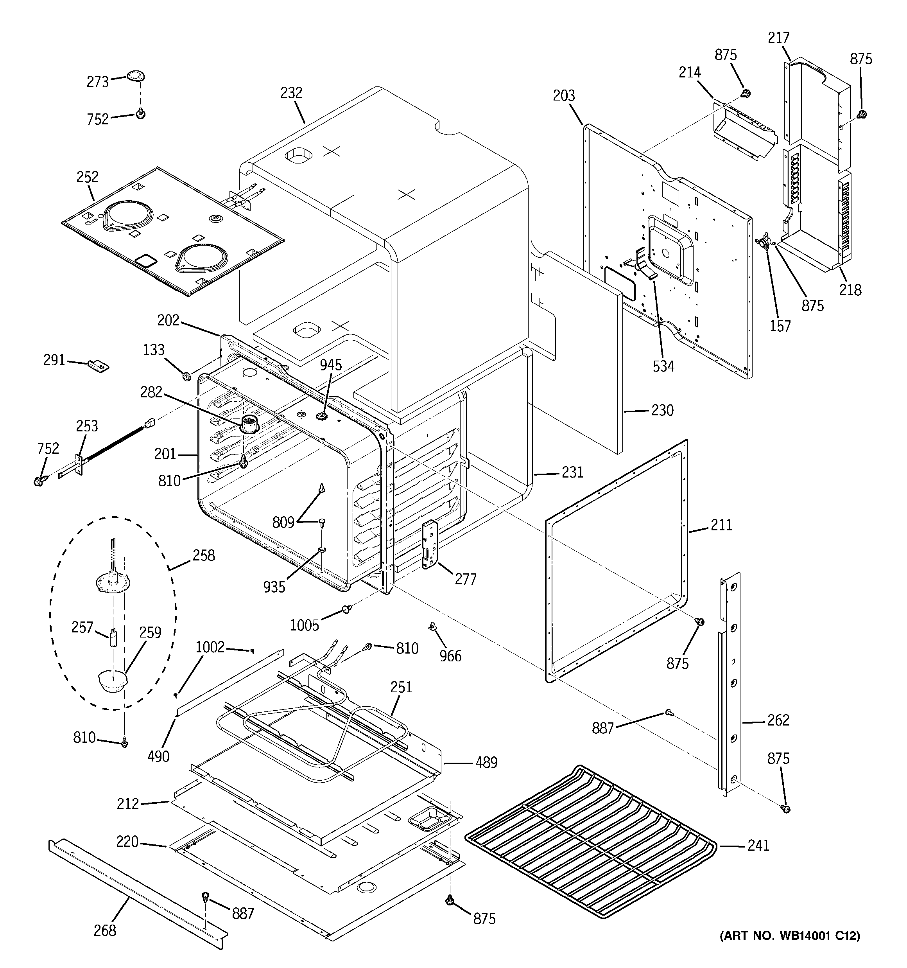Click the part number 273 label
97,82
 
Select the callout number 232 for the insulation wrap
291,93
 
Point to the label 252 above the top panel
87,177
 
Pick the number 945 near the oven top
331,365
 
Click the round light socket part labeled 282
250,424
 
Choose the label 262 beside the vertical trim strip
778,720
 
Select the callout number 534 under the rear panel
663,366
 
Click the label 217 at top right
778,38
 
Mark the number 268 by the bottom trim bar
105,930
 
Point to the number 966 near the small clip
450,656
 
